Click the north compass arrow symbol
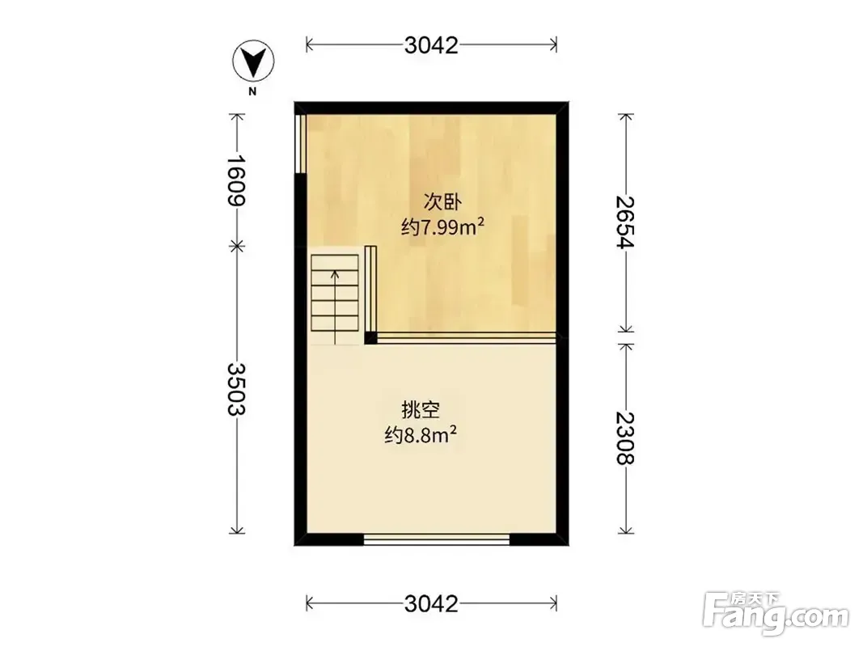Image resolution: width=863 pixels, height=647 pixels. pos(253,61)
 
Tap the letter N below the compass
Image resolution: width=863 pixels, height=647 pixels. pos(252,92)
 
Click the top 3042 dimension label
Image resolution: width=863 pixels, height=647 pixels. pos(431,45)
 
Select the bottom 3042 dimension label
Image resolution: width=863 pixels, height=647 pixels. pos(431,604)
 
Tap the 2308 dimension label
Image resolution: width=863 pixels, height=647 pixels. pos(626,438)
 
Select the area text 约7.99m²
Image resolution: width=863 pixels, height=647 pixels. pos(442,226)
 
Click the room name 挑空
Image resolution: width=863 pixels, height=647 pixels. pos(421,410)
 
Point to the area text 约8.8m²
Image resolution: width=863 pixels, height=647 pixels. pos(421,435)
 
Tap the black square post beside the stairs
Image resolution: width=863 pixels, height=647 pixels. pos(370,337)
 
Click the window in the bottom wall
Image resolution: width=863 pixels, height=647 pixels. pos(437,539)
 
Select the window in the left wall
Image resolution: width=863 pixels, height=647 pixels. pos(301,144)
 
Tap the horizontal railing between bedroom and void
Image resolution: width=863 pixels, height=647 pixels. pos(466,338)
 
